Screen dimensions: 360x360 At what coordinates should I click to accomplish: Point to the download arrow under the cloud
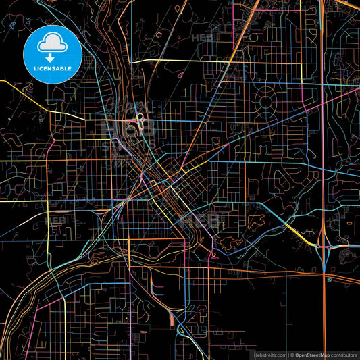pos(51,58)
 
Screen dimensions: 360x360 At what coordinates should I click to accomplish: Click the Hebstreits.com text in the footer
pos(269,354)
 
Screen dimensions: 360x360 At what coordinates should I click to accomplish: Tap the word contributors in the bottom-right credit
pos(343,354)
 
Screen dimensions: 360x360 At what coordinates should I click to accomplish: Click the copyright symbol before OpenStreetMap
pos(291,354)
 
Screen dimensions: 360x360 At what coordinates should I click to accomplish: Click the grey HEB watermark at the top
pos(202,38)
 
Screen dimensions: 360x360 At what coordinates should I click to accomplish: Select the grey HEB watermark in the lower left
pos(55,220)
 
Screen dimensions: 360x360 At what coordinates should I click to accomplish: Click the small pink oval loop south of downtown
pos(214,255)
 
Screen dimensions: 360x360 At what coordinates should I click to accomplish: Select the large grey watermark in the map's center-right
pos(199,220)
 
